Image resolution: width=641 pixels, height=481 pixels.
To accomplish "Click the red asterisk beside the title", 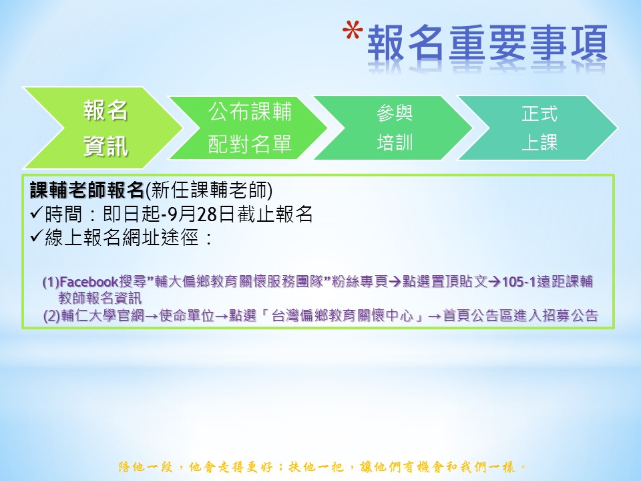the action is pyautogui.click(x=353, y=31).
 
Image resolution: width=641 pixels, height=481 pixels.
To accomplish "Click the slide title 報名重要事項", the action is pyautogui.click(x=487, y=43).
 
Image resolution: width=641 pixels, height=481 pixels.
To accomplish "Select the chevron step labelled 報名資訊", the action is pyautogui.click(x=103, y=128).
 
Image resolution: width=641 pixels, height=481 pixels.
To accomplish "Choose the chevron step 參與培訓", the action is pyautogui.click(x=393, y=128).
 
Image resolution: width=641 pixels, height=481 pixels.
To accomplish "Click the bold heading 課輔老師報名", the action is pyautogui.click(x=87, y=190).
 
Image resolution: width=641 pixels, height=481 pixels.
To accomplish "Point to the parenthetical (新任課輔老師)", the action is pyautogui.click(x=209, y=190).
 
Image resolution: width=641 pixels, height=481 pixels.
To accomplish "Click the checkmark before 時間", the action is pyautogui.click(x=37, y=212).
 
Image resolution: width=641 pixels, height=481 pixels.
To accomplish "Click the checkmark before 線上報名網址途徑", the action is pyautogui.click(x=37, y=236).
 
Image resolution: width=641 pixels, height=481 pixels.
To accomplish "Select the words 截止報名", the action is pyautogui.click(x=274, y=214).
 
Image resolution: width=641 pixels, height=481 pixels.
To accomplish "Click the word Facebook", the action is pyautogui.click(x=89, y=282).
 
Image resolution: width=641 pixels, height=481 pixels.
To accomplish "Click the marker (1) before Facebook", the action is pyautogui.click(x=51, y=282).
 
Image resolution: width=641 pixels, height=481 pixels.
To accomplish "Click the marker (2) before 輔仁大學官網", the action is pyautogui.click(x=52, y=316).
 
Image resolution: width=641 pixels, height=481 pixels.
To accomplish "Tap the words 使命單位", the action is pyautogui.click(x=187, y=316).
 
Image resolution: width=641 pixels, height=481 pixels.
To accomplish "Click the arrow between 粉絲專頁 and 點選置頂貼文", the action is pyautogui.click(x=395, y=282).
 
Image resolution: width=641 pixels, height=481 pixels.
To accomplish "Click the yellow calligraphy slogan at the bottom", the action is pyautogui.click(x=323, y=467).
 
